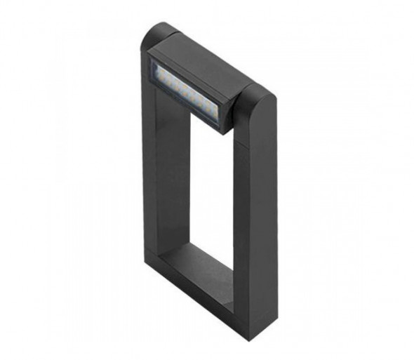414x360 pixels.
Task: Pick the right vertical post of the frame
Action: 255,211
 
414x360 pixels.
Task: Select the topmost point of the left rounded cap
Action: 157,25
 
